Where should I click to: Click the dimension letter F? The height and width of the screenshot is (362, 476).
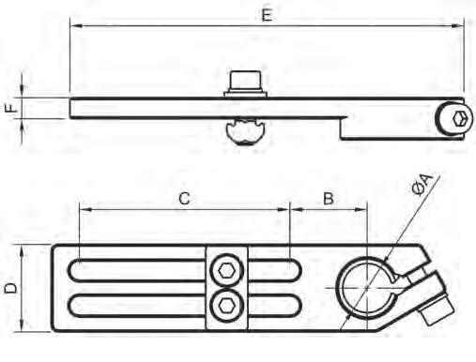click(10, 108)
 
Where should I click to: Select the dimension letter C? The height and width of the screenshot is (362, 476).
click(185, 198)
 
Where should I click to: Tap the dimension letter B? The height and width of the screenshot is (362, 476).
click(329, 198)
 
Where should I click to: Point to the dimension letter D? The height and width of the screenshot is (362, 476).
click(10, 287)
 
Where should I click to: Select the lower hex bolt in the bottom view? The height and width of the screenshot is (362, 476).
click(225, 302)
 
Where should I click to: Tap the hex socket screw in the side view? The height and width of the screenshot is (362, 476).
click(456, 119)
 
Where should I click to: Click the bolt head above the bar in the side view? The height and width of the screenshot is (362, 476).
click(246, 82)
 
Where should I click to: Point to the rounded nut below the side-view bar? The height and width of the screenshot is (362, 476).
click(246, 130)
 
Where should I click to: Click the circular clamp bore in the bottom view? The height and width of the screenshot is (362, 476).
click(363, 284)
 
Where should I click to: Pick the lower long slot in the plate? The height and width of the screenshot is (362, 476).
click(141, 304)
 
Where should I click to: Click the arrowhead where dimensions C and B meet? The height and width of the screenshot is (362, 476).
click(290, 211)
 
